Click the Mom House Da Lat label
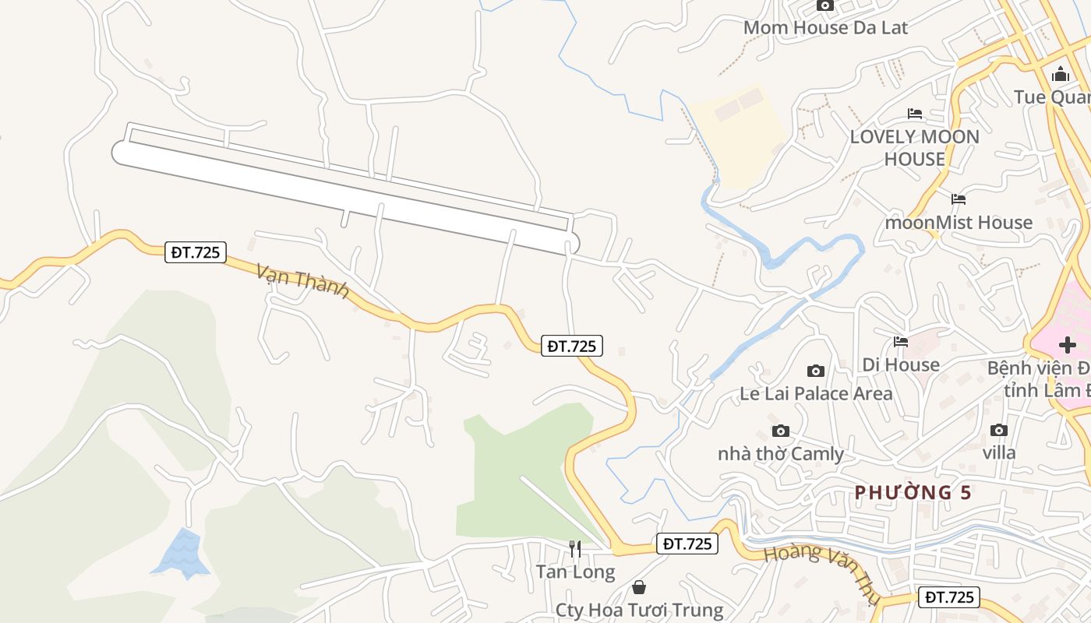[825, 28]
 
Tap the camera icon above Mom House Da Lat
[825, 5]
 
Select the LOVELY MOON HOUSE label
[914, 148]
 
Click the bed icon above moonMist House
[959, 199]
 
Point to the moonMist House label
[958, 223]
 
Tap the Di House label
[900, 364]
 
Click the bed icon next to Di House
[901, 341]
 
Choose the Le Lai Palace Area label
[815, 393]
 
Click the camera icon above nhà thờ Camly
[780, 431]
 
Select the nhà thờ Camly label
[780, 454]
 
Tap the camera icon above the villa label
[998, 430]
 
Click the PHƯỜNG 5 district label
[913, 492]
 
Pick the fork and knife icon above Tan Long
[575, 549]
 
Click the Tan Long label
[575, 572]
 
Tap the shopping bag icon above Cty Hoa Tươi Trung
[639, 587]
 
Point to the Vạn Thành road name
[302, 280]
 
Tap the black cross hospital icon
[1068, 344]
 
